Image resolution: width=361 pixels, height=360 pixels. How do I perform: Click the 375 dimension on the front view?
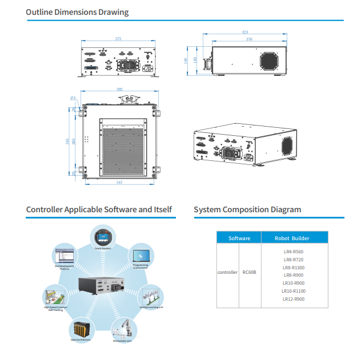point(118,39)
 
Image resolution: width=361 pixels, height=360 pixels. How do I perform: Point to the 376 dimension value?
point(249,39)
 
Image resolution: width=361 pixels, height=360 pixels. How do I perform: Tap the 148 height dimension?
point(186,59)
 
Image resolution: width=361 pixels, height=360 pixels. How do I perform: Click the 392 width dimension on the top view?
point(119,89)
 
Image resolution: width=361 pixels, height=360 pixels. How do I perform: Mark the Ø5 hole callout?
point(73,98)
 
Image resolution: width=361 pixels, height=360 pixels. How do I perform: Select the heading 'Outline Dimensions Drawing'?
point(77,12)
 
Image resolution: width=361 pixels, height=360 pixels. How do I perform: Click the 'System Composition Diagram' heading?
point(247,209)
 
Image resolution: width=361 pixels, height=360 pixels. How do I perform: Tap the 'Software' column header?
point(239,238)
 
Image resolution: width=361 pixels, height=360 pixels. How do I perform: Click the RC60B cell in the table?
point(250,272)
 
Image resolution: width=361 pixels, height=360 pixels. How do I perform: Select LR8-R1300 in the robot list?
point(294,267)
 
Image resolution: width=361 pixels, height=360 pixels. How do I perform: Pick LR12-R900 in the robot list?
point(294,298)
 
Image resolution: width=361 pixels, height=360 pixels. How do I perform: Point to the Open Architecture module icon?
point(81,330)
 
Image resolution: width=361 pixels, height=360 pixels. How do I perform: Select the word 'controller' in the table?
point(227,272)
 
